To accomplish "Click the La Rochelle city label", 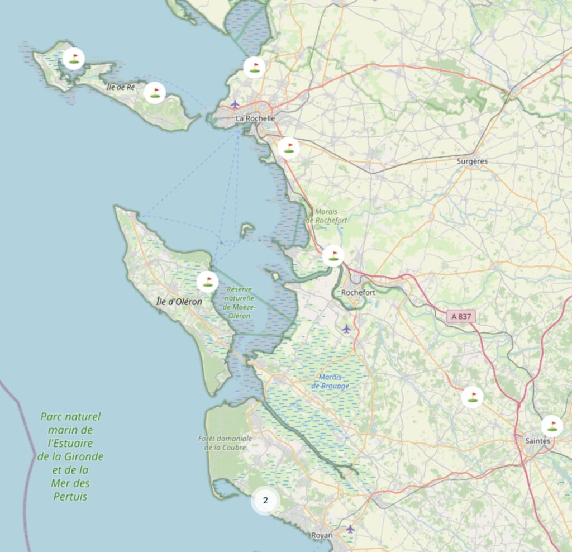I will pyautogui.click(x=255, y=118).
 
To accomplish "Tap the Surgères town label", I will pyautogui.click(x=472, y=161).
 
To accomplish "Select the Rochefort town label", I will pyautogui.click(x=357, y=292).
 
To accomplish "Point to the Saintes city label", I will pyautogui.click(x=537, y=441).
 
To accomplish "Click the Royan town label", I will pyautogui.click(x=321, y=535).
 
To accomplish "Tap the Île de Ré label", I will pyautogui.click(x=121, y=87).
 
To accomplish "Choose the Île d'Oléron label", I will pyautogui.click(x=179, y=302).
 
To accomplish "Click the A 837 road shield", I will pyautogui.click(x=461, y=316).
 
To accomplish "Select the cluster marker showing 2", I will pyautogui.click(x=265, y=501).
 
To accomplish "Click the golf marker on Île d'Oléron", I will pyautogui.click(x=208, y=281).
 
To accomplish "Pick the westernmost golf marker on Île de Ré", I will pyautogui.click(x=73, y=58).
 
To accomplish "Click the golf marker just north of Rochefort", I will pyautogui.click(x=333, y=255).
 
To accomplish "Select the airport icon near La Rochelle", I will pyautogui.click(x=235, y=104).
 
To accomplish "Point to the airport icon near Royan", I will pyautogui.click(x=350, y=528).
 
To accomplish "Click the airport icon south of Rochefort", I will pyautogui.click(x=347, y=328).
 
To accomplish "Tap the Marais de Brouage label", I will pyautogui.click(x=330, y=382).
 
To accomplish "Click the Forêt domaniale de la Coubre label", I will pyautogui.click(x=226, y=442).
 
